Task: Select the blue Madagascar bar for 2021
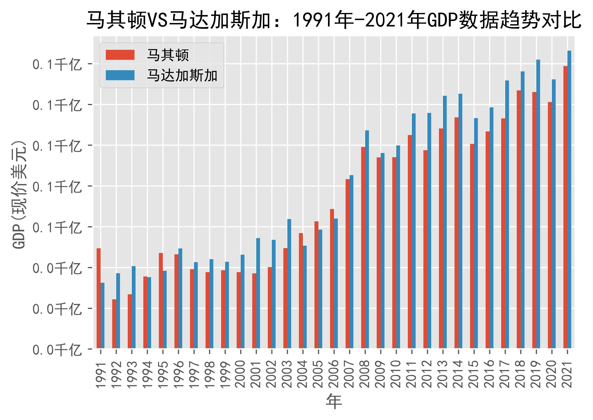coord(569,199)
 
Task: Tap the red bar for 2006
coord(332,278)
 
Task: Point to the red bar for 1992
coord(114,324)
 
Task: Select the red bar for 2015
coord(472,246)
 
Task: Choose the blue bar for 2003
coord(289,283)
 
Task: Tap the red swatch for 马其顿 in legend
coord(120,55)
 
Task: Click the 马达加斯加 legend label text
coord(182,76)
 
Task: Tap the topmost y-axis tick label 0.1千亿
coord(57,64)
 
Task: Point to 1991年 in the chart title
coord(323,20)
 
